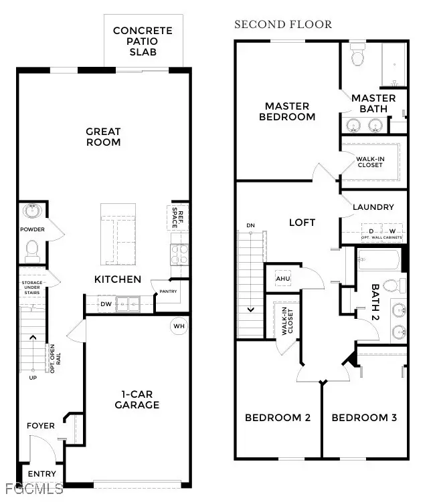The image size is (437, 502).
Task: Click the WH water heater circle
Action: pyautogui.click(x=179, y=326)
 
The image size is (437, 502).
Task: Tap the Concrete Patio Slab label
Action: pyautogui.click(x=143, y=41)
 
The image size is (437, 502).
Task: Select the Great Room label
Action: pyautogui.click(x=103, y=137)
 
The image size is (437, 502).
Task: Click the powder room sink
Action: pyautogui.click(x=31, y=212)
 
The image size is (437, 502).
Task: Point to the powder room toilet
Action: pyautogui.click(x=31, y=250)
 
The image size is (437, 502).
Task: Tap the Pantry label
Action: pyautogui.click(x=167, y=291)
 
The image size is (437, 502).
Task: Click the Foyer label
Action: pyautogui.click(x=40, y=425)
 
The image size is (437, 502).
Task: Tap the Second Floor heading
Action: pyautogui.click(x=282, y=25)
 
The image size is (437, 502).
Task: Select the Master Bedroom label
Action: pyautogui.click(x=286, y=111)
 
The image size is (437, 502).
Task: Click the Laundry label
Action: pyautogui.click(x=373, y=207)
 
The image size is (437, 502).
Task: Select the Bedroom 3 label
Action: pyautogui.click(x=364, y=418)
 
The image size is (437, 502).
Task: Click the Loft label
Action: pyautogui.click(x=302, y=223)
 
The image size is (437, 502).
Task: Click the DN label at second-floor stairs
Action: pyautogui.click(x=250, y=225)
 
